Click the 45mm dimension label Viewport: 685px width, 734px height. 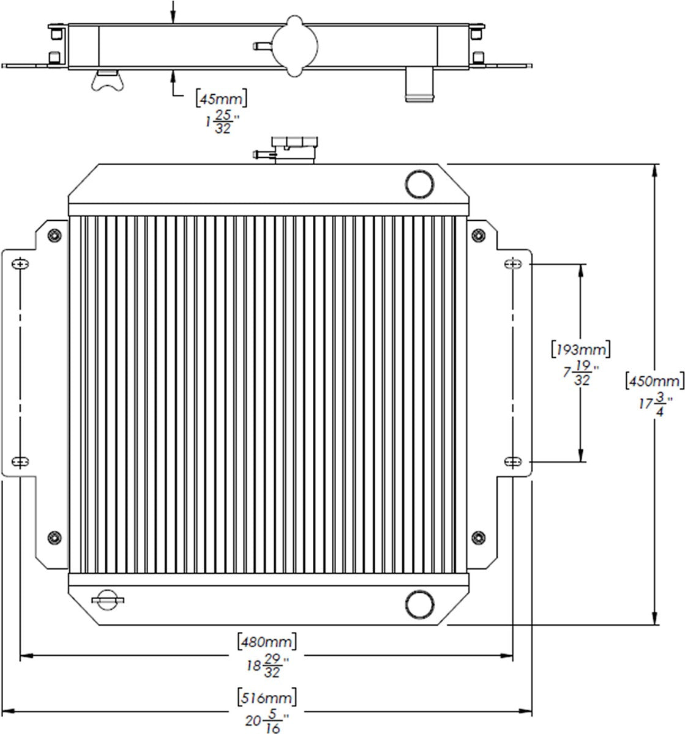pos(222,98)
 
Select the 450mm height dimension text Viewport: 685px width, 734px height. pos(654,380)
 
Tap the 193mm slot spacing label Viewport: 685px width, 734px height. pos(580,349)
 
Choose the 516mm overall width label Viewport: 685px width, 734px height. pos(266,697)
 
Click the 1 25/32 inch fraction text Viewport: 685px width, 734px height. pos(222,121)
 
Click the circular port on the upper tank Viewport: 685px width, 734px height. pos(420,183)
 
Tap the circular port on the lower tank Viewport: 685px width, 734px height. pos(420,604)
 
